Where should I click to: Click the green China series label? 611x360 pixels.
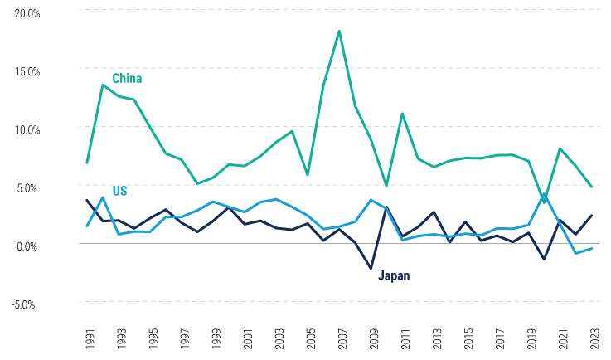(127, 79)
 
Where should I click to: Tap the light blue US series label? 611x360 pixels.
(119, 191)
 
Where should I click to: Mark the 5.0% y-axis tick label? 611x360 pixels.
(27, 187)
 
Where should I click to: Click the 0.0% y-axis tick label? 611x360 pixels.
(27, 246)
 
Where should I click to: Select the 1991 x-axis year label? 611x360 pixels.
(87, 338)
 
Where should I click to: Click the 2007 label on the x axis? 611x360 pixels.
(339, 338)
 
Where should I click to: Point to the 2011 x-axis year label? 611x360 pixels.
(402, 338)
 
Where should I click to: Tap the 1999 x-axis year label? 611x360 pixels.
(213, 338)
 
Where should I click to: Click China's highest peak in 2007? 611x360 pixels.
(339, 31)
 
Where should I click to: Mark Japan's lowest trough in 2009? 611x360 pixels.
(371, 269)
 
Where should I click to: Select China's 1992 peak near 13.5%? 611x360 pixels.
(103, 85)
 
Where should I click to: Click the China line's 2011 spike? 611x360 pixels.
(402, 114)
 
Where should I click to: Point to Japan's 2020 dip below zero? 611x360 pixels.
(544, 260)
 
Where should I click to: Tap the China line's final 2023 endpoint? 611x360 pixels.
(590, 187)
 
